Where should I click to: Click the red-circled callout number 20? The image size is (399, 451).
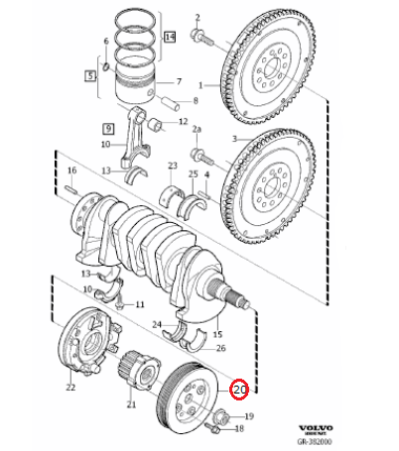239,390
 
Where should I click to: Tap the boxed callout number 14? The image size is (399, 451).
170,38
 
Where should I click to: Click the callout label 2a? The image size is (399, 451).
197,130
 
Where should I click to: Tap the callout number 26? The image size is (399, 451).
220,347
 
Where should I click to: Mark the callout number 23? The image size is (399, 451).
172,165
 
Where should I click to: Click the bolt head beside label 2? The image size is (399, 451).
203,39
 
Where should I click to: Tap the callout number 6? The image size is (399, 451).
105,41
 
